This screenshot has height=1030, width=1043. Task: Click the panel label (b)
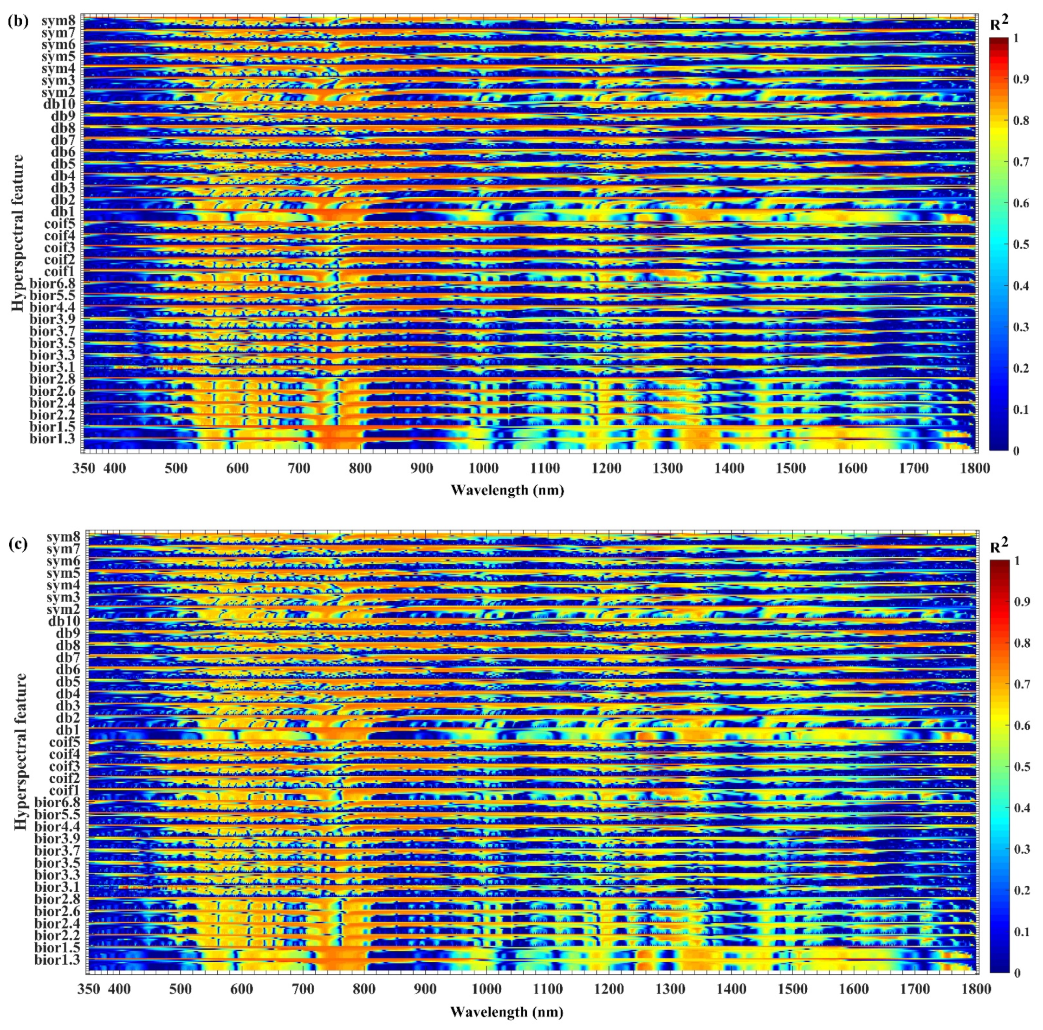[18, 9]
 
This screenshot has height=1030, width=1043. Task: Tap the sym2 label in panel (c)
[64, 610]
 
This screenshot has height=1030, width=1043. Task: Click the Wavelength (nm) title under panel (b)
[507, 490]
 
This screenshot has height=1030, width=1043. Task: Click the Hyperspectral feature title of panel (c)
[20, 762]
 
